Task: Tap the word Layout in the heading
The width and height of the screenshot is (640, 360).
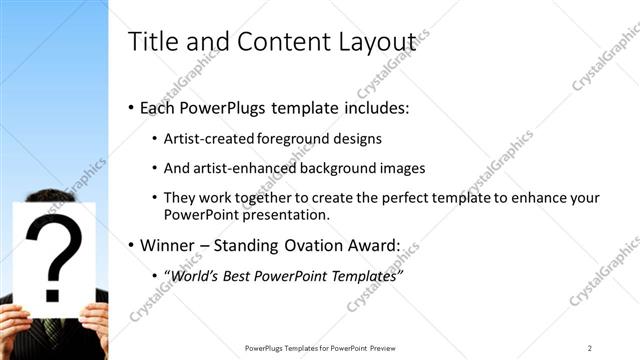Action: click(379, 42)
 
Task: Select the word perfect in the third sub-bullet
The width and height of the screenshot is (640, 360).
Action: click(387, 198)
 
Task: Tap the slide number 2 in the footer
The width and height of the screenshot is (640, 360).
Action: click(590, 348)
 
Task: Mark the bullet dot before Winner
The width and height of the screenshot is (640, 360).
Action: click(131, 245)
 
